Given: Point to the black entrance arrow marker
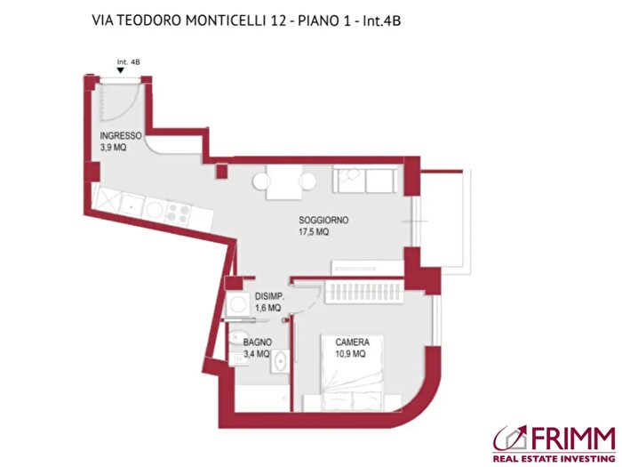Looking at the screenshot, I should point(121,71).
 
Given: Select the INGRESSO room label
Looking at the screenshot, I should point(121,136).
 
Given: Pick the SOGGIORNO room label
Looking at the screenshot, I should point(323,220).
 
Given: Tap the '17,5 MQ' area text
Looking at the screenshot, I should point(314,232).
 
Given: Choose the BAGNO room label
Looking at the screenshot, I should point(257,342).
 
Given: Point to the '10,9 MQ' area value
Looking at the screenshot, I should point(352,354).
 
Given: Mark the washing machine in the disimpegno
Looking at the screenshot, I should point(237,303).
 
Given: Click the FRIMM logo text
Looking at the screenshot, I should point(570,437).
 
